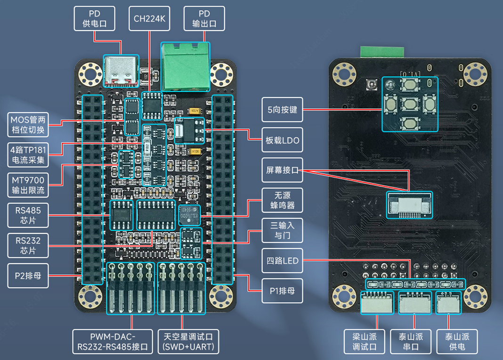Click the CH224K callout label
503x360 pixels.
pos(149,19)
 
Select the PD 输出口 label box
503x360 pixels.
pos(204,19)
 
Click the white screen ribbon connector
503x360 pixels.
pos(409,205)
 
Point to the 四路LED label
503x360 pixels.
pos(282,260)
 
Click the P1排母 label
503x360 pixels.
pos(282,291)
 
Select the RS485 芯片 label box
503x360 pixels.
pos(28,215)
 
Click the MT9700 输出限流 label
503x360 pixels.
pos(28,185)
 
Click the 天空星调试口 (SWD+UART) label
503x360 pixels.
pos(188,342)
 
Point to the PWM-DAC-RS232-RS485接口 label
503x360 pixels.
pos(113,342)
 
